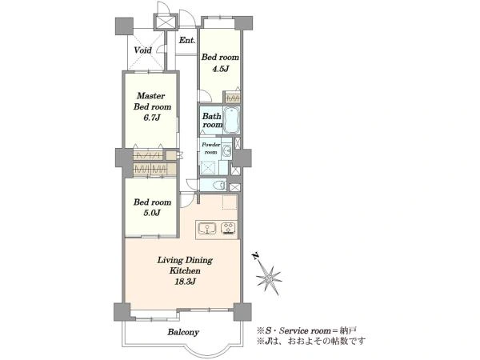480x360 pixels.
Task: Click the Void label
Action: tap(142, 50)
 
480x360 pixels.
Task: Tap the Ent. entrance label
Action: tap(187, 41)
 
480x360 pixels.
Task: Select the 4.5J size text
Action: tap(221, 69)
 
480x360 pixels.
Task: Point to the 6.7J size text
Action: tap(152, 118)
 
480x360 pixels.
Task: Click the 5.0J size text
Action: tap(152, 213)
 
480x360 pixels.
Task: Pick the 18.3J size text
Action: tap(185, 282)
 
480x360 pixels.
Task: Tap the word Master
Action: tap(150, 96)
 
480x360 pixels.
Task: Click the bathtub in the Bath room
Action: tap(231, 120)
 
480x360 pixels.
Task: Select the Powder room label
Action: tap(211, 148)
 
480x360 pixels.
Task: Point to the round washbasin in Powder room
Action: tap(227, 150)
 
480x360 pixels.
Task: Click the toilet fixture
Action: tap(219, 186)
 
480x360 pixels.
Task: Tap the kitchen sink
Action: tap(207, 228)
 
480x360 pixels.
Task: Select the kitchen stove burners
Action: tap(228, 228)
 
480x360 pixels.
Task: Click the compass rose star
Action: tap(269, 278)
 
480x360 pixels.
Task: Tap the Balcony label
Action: tap(183, 332)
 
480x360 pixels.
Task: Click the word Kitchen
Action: tap(185, 271)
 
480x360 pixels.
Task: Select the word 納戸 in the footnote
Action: tap(350, 331)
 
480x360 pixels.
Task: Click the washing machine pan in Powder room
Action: tap(210, 168)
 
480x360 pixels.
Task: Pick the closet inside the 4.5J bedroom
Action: tap(232, 97)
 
